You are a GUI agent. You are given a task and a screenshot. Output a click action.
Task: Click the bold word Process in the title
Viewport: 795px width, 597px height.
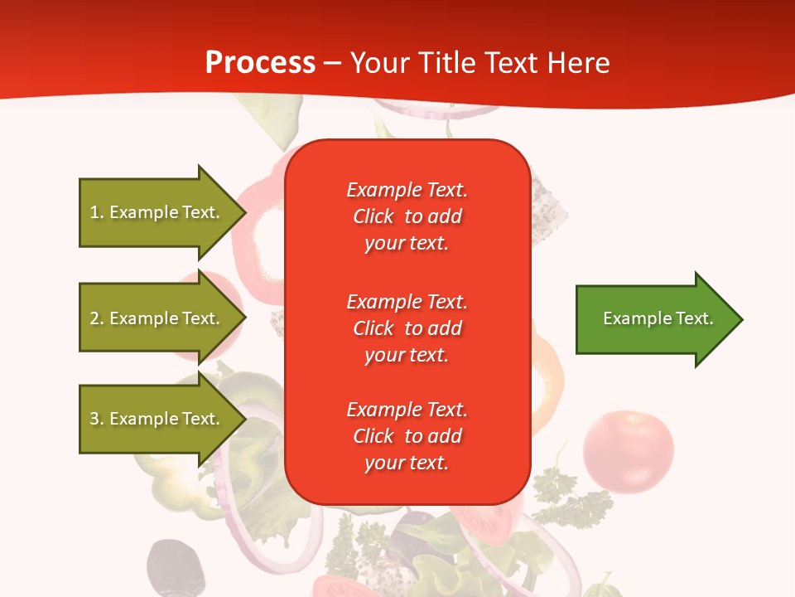pyautogui.click(x=260, y=62)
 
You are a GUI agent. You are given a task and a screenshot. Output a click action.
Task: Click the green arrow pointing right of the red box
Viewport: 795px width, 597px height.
pyautogui.click(x=654, y=319)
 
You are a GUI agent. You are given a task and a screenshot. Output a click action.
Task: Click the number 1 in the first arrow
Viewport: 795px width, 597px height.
pyautogui.click(x=94, y=212)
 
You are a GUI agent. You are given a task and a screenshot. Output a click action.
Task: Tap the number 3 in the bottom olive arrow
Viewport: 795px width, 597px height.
pyautogui.click(x=94, y=419)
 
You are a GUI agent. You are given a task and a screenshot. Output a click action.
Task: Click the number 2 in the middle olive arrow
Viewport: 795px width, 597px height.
pyautogui.click(x=94, y=318)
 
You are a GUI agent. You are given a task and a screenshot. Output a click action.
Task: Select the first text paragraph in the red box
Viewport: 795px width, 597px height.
pyautogui.click(x=407, y=216)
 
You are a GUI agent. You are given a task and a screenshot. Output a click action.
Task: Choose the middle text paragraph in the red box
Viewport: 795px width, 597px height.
pyautogui.click(x=407, y=328)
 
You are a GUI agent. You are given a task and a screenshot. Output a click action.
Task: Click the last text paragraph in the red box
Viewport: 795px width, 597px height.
pyautogui.click(x=407, y=436)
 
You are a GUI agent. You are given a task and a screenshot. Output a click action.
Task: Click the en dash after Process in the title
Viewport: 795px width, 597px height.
pyautogui.click(x=332, y=63)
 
